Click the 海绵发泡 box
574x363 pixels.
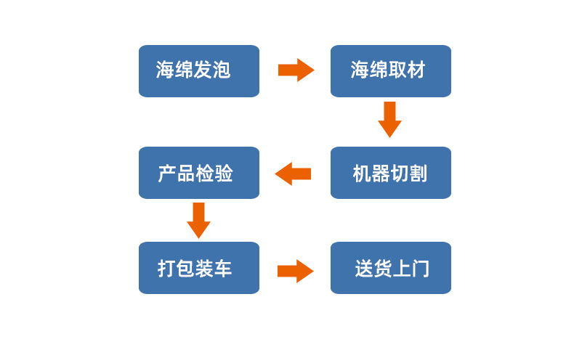198,70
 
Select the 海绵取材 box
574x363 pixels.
390,70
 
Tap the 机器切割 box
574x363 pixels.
390,173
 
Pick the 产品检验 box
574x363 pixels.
198,173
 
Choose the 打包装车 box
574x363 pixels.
198,268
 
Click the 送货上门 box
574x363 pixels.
390,268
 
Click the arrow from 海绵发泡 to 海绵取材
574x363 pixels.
296,70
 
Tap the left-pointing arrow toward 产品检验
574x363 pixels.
293,174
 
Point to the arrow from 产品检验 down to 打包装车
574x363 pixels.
198,220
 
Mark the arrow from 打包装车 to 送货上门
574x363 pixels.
295,271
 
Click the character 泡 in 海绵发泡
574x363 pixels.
222,70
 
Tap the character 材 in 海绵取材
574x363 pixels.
416,70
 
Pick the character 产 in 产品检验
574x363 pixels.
167,174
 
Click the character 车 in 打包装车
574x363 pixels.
223,269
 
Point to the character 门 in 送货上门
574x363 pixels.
420,269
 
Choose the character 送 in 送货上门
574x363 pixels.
363,269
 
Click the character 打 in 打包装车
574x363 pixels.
167,269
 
